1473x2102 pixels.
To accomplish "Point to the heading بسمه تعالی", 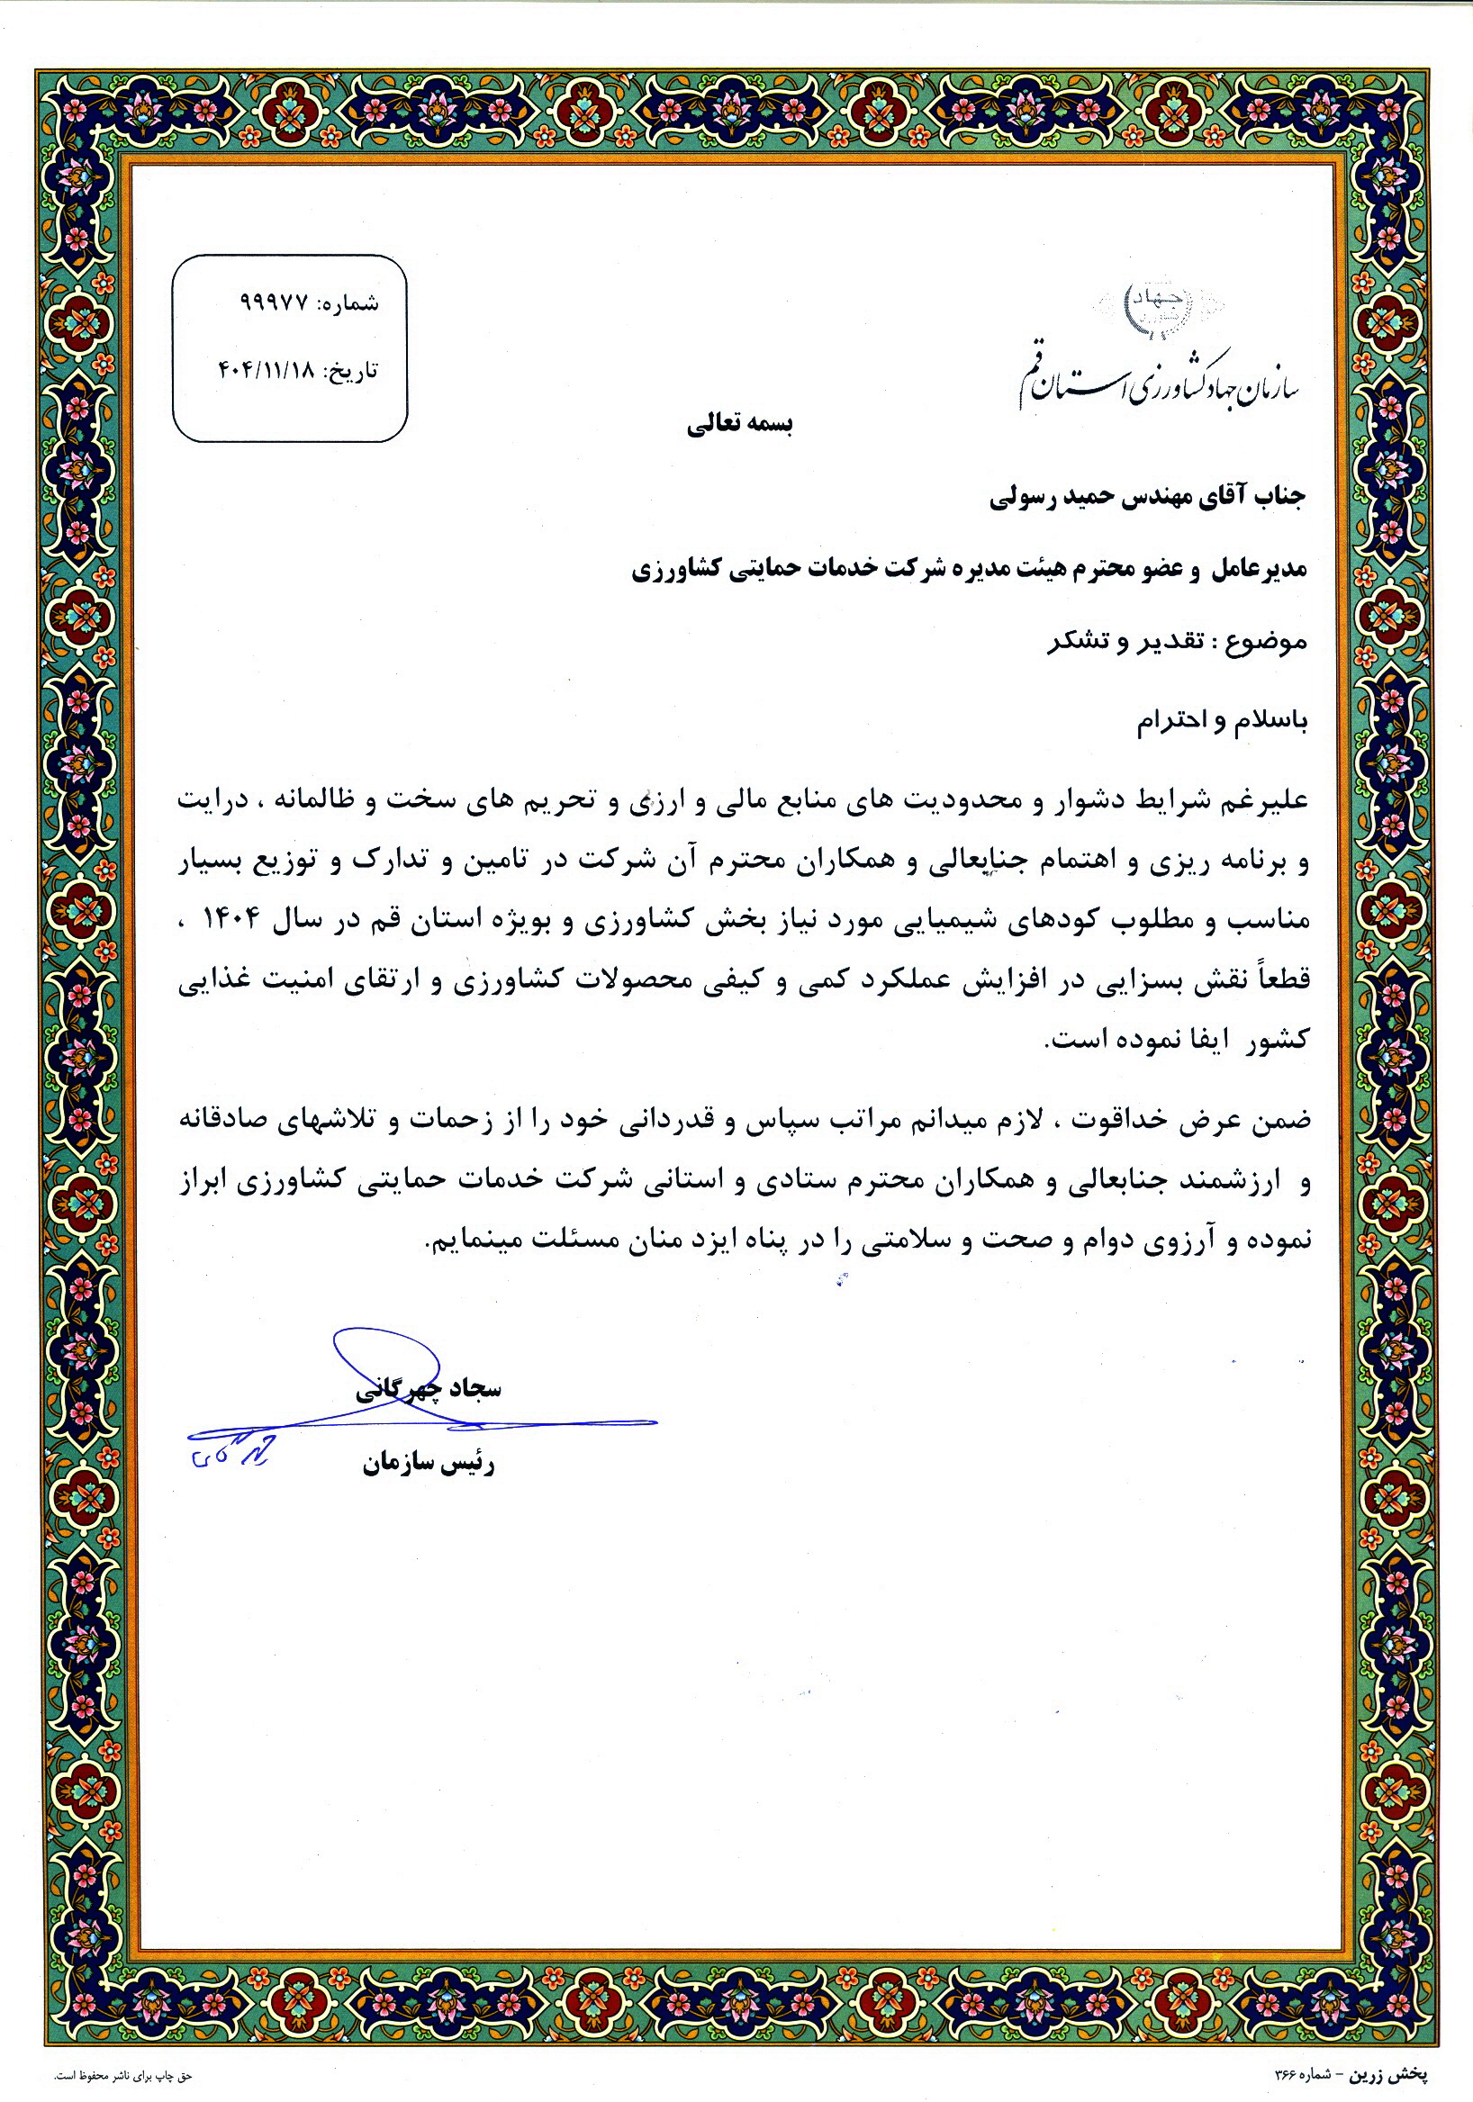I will click(740, 425).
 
